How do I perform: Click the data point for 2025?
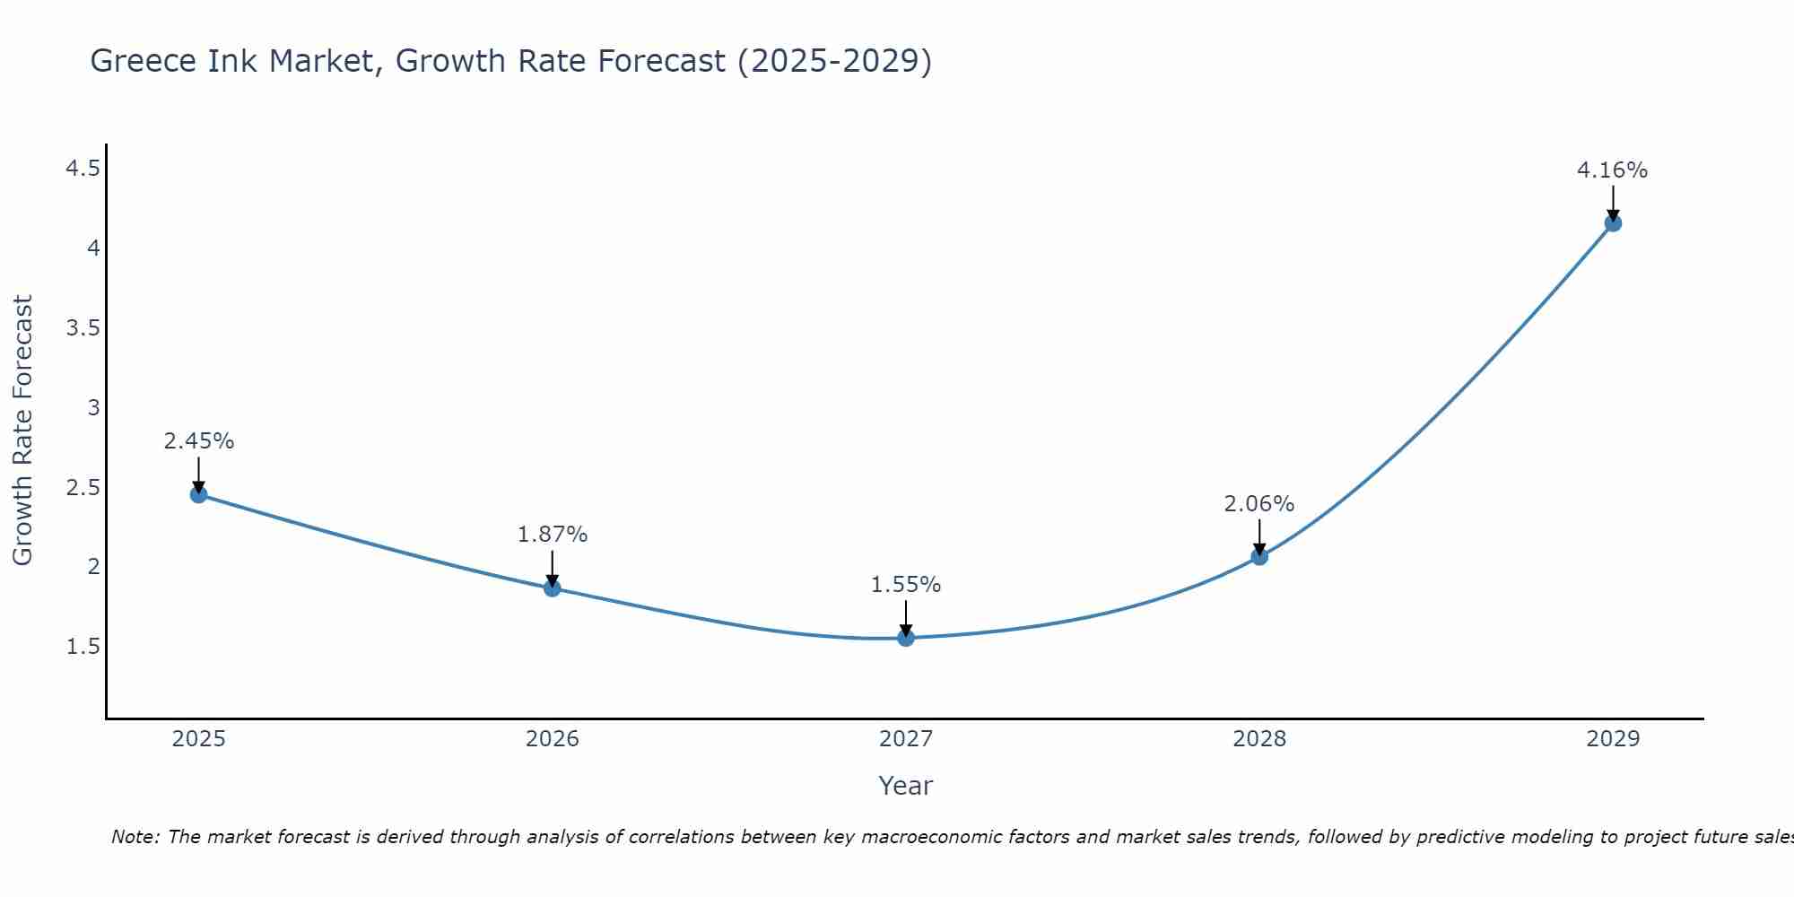click(199, 494)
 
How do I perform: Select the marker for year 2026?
click(553, 588)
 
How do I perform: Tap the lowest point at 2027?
click(906, 638)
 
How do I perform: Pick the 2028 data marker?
click(1259, 556)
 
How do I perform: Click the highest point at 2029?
click(1613, 222)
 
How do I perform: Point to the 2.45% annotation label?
click(199, 441)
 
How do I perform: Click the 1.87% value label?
click(553, 535)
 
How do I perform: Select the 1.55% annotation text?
click(906, 585)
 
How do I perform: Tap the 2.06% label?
click(1259, 504)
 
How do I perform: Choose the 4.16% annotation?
click(1613, 170)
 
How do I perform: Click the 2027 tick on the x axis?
click(906, 739)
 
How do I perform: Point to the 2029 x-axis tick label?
click(1613, 739)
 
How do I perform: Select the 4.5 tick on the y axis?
click(83, 169)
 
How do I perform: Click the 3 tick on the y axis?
click(93, 407)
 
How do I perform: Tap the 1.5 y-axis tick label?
click(83, 647)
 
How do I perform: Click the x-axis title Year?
click(906, 786)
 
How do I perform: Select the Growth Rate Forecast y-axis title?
click(22, 431)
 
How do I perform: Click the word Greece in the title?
click(144, 61)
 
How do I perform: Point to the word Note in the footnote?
click(135, 837)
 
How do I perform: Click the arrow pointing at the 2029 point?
click(1613, 203)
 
